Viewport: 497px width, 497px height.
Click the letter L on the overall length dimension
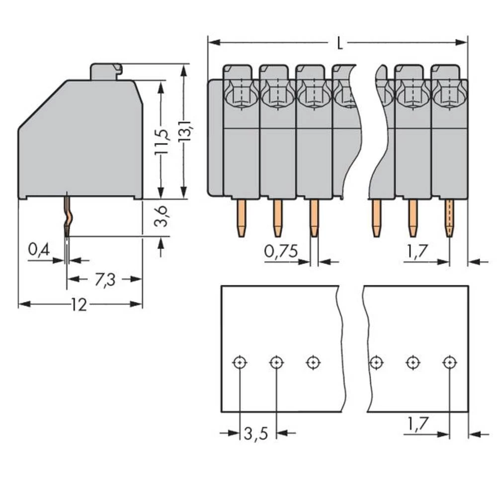click(x=339, y=44)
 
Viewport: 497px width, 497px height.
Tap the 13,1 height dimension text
click(x=185, y=133)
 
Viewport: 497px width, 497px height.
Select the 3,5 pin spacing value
click(x=256, y=434)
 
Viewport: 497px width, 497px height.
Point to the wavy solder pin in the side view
click(x=67, y=216)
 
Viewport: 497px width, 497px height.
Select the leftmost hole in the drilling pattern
click(x=240, y=362)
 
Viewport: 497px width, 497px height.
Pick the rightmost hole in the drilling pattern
click(x=449, y=362)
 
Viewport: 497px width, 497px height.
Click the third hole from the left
click(x=313, y=362)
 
